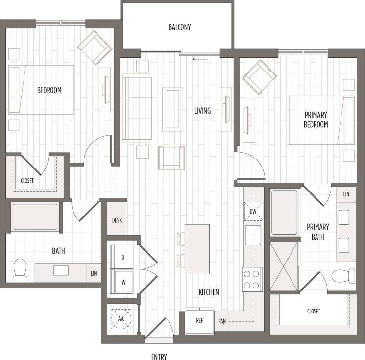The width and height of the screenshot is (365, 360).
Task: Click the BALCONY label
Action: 179,27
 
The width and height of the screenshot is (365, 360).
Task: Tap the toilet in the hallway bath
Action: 21,270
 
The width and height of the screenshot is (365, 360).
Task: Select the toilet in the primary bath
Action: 344,276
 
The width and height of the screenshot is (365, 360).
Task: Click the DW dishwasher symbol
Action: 253,212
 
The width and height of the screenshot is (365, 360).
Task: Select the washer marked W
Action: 122,282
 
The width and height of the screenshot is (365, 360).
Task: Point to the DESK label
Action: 117,220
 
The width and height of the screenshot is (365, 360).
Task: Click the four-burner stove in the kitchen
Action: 252,279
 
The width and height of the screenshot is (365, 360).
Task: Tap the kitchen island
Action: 197,249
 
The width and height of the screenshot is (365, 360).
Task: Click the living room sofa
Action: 136,108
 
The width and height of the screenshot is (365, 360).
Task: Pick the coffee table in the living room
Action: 172,109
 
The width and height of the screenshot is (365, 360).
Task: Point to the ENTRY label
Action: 159,356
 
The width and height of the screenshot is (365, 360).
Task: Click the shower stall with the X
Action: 284,266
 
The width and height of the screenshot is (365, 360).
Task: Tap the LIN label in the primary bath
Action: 346,194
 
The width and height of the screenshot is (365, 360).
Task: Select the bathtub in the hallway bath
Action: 35,217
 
